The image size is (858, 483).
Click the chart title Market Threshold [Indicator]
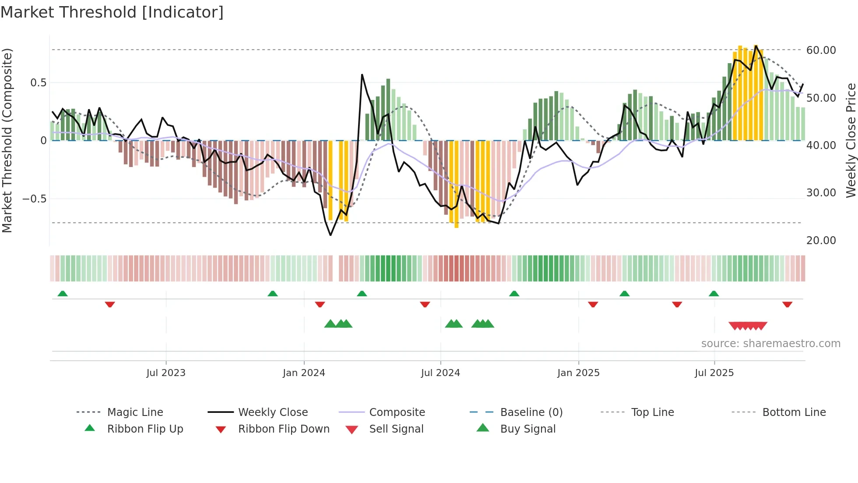[x=112, y=12]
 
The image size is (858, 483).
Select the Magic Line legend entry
[x=135, y=412]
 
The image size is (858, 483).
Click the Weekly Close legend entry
[x=273, y=412]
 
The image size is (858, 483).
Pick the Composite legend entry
[x=397, y=412]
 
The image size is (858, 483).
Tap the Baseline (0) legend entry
[x=531, y=412]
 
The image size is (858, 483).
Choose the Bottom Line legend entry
[x=794, y=412]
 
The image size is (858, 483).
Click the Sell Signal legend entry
[x=396, y=429]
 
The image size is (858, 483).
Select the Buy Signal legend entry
[x=527, y=429]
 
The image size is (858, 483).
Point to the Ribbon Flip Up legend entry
[x=145, y=429]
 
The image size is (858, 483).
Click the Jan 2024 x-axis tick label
[x=304, y=373]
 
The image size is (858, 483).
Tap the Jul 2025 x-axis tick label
[x=714, y=373]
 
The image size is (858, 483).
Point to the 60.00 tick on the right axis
[x=821, y=50]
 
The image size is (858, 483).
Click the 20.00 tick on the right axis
[x=821, y=241]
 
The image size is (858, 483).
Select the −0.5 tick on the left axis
[x=35, y=199]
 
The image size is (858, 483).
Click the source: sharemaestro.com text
[x=770, y=344]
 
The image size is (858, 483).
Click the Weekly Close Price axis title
[x=851, y=140]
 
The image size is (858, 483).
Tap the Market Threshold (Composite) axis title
[x=7, y=140]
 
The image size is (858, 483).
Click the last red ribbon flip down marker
[x=787, y=304]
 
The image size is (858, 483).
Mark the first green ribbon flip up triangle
[x=63, y=294]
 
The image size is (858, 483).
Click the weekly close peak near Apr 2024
[x=362, y=75]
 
